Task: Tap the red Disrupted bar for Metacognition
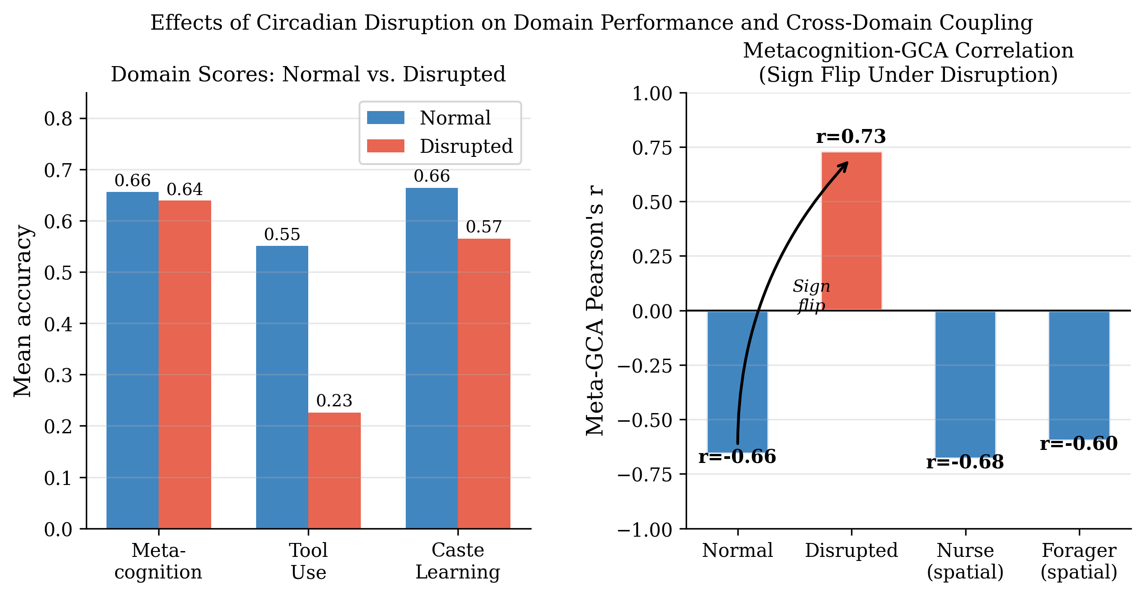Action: coord(185,364)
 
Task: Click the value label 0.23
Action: coord(334,400)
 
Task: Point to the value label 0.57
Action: coord(483,227)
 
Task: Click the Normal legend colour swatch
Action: coord(386,118)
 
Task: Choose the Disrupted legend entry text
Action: coord(466,146)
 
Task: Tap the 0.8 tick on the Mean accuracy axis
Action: coord(58,119)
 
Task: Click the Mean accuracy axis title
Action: coord(22,311)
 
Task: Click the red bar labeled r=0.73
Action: coord(851,231)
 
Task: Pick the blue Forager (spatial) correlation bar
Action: coord(1079,375)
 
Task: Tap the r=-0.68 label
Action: coord(965,462)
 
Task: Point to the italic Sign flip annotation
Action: coord(811,295)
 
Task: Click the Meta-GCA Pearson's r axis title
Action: coord(595,310)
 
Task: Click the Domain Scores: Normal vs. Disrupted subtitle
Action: coord(308,75)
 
